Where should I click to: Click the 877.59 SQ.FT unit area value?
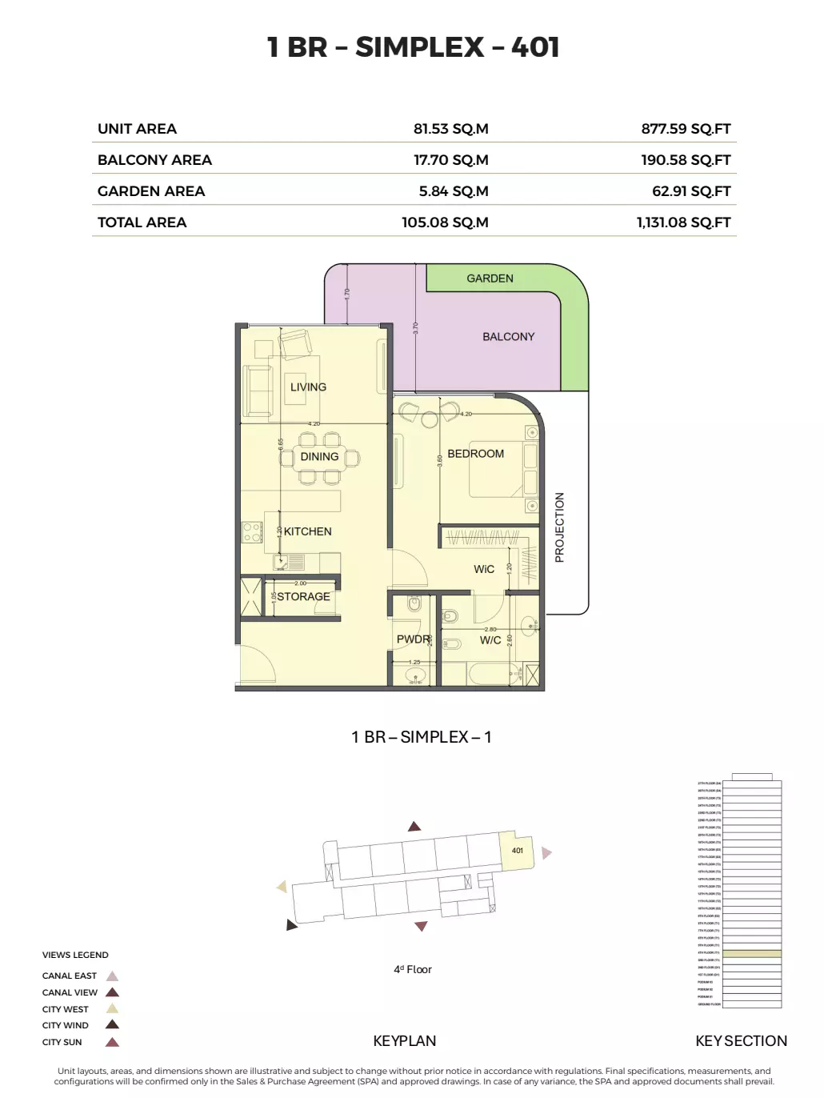point(686,129)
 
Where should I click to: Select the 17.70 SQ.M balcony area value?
point(450,160)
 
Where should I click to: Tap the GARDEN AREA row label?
point(151,191)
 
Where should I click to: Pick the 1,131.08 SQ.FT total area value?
point(683,222)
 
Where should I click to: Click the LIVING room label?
point(308,387)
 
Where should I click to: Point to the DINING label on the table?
point(319,457)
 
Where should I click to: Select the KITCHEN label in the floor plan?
point(307,531)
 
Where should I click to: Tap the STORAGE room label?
point(303,597)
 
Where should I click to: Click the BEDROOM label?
point(475,454)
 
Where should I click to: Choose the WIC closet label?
point(484,569)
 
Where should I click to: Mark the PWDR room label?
point(413,639)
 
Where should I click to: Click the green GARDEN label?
point(490,279)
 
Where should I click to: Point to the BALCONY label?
point(508,337)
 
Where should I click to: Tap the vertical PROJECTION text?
point(559,527)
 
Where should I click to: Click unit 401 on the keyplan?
point(517,851)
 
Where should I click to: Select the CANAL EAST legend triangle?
point(113,976)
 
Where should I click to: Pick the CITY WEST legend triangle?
point(113,1009)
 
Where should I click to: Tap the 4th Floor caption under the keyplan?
point(412,969)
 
